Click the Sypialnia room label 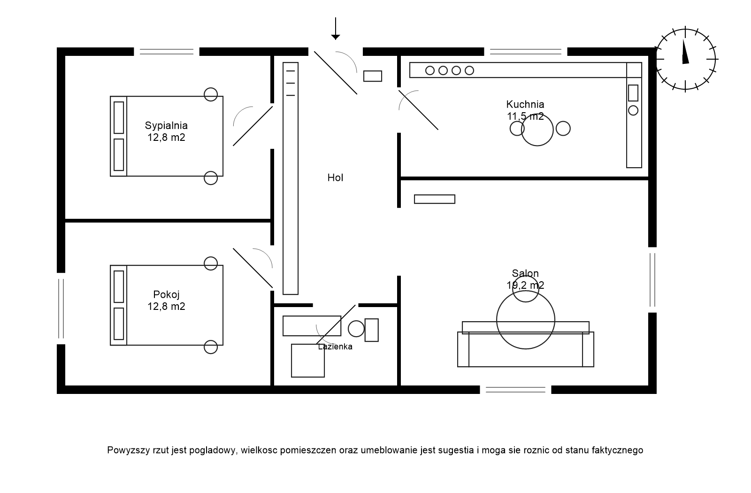(166, 126)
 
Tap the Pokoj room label (166, 295)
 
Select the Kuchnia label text (525, 104)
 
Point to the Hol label (335, 178)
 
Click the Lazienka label (335, 347)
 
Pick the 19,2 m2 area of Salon (525, 285)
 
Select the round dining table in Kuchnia (537, 130)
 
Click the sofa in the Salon (525, 350)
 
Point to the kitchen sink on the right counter (633, 93)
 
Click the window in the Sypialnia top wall (167, 52)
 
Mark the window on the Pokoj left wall (61, 308)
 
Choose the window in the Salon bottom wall (515, 389)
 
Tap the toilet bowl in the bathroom (357, 328)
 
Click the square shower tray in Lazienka (307, 361)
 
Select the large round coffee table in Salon (525, 320)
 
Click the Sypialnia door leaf (253, 126)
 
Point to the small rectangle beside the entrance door (373, 76)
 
